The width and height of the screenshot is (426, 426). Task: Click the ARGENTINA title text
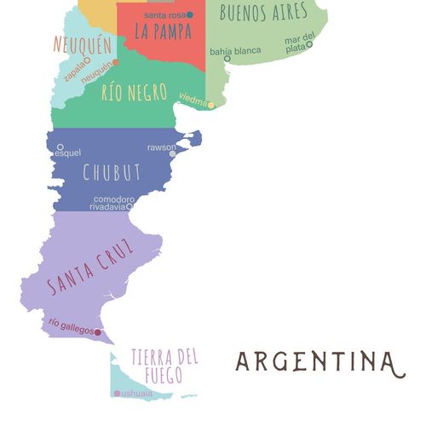[x=316, y=361]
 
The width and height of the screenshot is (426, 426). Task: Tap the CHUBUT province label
[x=111, y=171]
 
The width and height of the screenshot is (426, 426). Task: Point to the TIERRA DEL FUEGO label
[x=164, y=365]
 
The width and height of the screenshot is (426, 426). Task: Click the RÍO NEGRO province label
[x=134, y=92]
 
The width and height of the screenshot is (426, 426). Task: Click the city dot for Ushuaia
[x=117, y=394]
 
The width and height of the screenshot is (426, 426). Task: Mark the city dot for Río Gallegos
[x=98, y=332]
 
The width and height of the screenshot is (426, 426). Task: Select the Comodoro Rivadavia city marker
[x=130, y=206]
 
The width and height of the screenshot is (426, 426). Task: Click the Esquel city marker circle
[x=60, y=147]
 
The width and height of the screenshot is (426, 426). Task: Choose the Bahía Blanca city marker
[x=227, y=59]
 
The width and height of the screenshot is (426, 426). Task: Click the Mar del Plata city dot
[x=309, y=44]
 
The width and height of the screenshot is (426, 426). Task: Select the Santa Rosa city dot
[x=189, y=15]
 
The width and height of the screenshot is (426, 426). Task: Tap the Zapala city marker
[x=88, y=61]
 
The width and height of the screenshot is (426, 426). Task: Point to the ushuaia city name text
[x=137, y=394]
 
